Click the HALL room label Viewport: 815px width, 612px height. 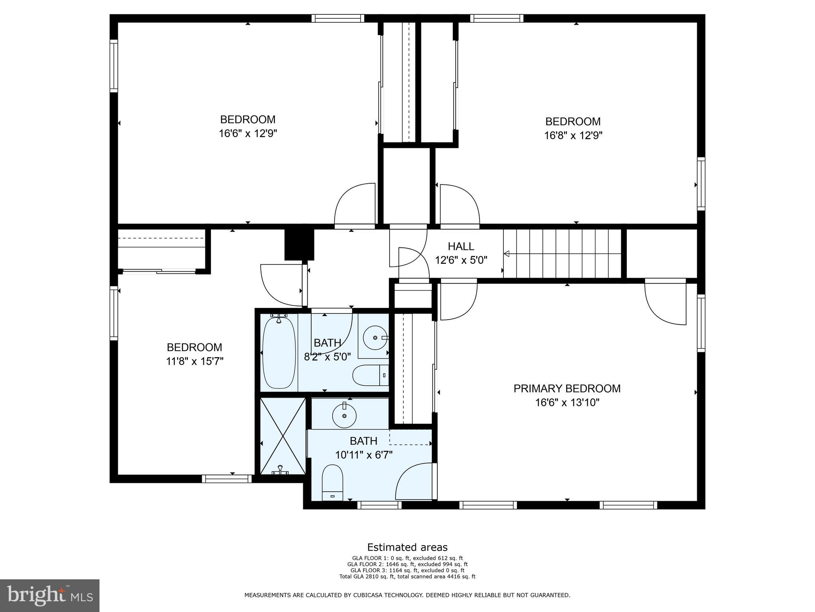(x=461, y=246)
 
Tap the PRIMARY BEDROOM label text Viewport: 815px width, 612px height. (x=567, y=388)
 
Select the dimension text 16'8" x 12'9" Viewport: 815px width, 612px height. (x=573, y=135)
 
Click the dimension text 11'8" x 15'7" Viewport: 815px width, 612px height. (x=195, y=361)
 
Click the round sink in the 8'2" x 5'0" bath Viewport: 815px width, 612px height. (x=375, y=337)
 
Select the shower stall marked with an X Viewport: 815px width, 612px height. (x=283, y=436)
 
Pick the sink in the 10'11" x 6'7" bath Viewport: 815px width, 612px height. (x=344, y=415)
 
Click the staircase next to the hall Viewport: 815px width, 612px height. (x=562, y=253)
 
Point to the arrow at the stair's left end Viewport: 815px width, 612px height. (x=506, y=253)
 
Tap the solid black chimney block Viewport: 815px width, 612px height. (x=299, y=245)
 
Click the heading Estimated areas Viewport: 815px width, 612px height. (x=407, y=547)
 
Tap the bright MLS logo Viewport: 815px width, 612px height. (x=49, y=596)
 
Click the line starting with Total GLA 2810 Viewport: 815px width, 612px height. (x=407, y=576)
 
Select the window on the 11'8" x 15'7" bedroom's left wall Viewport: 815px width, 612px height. (x=114, y=313)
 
